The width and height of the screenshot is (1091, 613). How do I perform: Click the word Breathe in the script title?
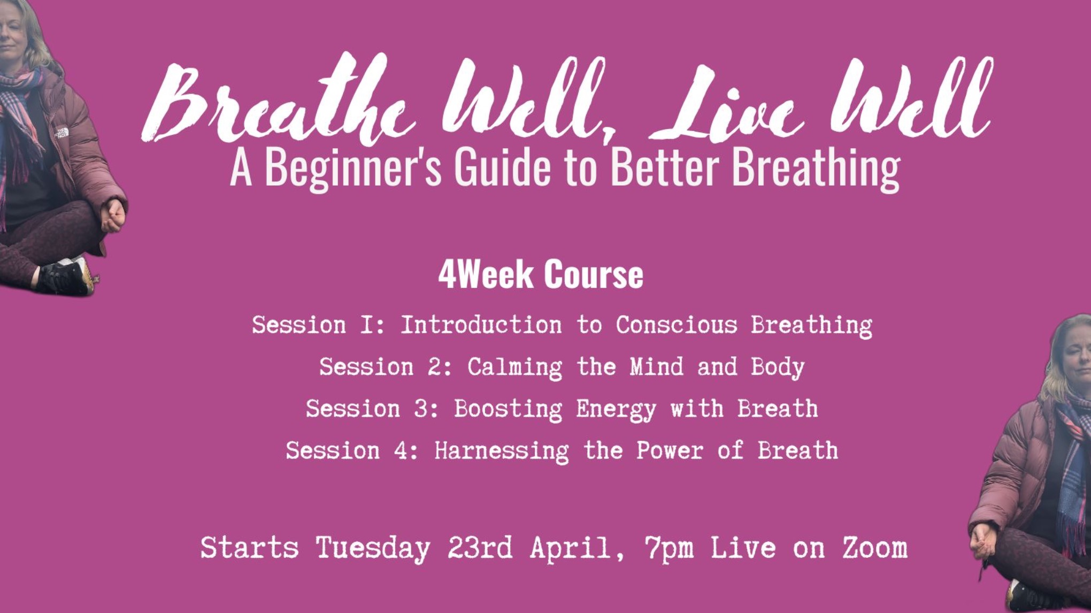coord(278,102)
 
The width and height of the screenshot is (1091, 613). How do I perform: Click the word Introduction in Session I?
coord(481,325)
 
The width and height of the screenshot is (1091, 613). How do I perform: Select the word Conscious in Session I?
coord(676,325)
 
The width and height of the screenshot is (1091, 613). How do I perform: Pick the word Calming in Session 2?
coord(514,367)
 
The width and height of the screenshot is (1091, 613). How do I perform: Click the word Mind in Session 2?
coord(656,367)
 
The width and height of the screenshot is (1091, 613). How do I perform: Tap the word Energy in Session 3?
coord(616,409)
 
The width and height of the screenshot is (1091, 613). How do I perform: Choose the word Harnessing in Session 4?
coord(501,450)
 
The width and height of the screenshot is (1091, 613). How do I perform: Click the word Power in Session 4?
coord(670,450)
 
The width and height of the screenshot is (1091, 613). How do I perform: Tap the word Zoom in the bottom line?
coord(875,548)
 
